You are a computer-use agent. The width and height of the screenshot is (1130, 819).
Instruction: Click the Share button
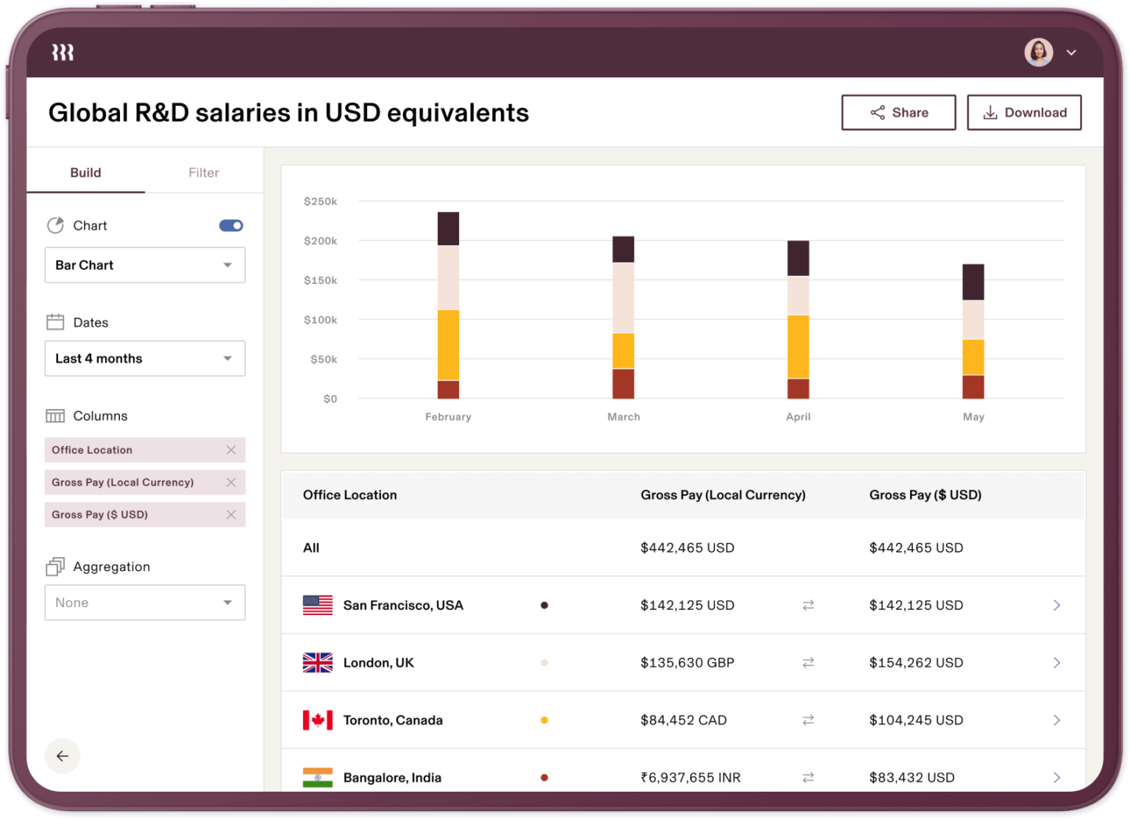pos(898,113)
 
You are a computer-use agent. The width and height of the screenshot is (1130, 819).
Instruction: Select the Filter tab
pos(203,173)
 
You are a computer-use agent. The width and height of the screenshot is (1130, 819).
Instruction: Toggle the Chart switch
pos(231,226)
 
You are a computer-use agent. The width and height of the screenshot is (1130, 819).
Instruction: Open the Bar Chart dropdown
pos(145,265)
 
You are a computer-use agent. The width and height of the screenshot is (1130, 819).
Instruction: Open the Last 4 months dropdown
pos(145,358)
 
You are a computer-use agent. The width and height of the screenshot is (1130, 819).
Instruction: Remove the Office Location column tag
pos(231,450)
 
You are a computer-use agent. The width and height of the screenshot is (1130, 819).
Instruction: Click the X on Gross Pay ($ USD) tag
pos(231,514)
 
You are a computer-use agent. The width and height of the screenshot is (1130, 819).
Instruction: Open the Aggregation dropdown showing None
pos(145,603)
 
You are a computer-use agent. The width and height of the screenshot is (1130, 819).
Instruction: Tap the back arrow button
pos(63,756)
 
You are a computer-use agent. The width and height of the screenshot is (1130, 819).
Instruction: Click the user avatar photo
pos(1038,52)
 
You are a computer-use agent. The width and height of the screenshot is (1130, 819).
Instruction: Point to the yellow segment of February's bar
pos(448,344)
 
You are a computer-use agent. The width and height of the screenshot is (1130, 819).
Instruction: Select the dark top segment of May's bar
pos(973,282)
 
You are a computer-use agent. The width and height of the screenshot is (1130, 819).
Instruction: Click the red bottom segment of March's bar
pos(623,383)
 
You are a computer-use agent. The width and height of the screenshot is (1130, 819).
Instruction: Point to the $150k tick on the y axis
pos(320,280)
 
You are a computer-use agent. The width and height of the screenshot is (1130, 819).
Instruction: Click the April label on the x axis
pos(798,416)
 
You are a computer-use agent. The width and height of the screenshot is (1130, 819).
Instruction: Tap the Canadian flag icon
pos(318,720)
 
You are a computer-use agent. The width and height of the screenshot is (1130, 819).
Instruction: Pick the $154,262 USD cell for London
pos(916,662)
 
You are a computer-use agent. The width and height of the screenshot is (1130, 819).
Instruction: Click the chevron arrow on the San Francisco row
pos(1056,605)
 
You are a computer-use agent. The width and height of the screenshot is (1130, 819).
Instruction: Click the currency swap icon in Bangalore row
pos(808,777)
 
